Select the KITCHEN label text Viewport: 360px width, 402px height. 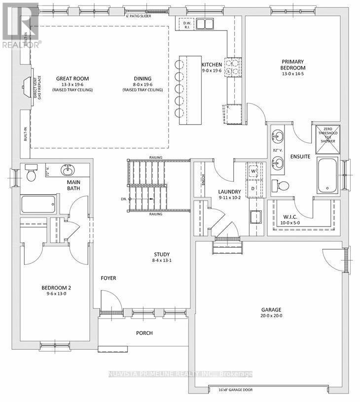pos(212,65)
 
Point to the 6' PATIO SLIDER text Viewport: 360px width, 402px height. pos(139,16)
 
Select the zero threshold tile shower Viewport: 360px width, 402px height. pos(326,134)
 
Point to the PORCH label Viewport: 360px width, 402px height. pos(144,333)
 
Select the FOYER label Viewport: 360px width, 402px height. pos(108,278)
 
